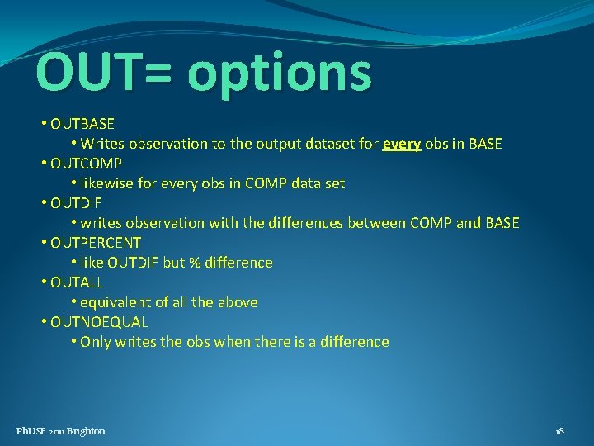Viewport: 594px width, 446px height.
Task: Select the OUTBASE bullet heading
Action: pos(82,124)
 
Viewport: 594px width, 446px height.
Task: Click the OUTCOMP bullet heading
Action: pos(86,164)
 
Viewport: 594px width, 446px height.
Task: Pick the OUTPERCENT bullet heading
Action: pos(96,243)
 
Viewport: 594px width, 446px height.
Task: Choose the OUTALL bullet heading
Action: pos(77,282)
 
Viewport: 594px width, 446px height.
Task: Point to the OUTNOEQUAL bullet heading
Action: pos(99,322)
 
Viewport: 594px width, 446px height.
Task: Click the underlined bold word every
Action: pos(402,144)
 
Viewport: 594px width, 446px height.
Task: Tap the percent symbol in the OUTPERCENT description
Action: pos(194,263)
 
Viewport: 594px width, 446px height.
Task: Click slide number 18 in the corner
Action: pos(559,431)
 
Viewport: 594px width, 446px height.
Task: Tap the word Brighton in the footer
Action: pos(86,431)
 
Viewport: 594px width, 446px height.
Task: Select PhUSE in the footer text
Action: pos(31,431)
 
